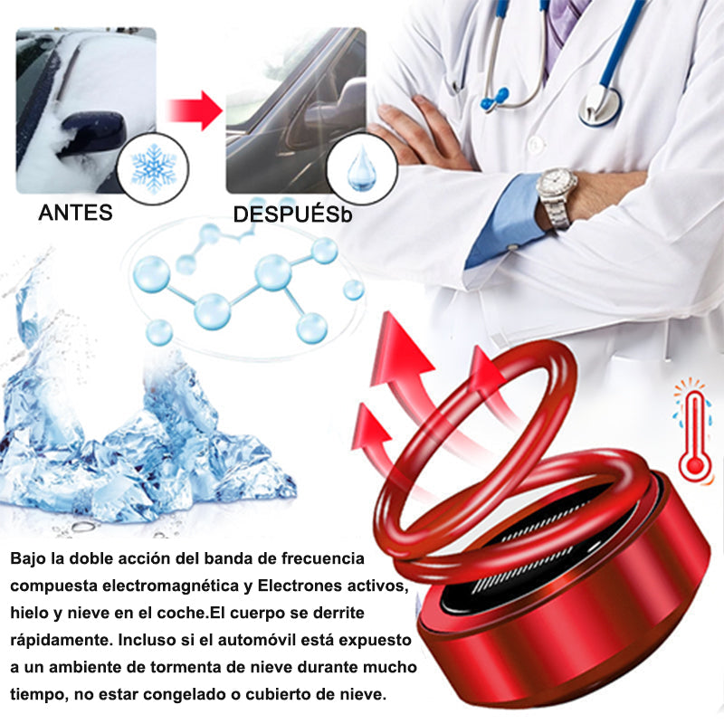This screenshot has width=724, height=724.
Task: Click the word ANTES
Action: (75, 214)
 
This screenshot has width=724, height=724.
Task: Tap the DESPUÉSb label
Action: (289, 215)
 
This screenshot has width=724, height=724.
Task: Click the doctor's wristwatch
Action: (556, 193)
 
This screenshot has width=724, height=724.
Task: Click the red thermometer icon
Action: (692, 434)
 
